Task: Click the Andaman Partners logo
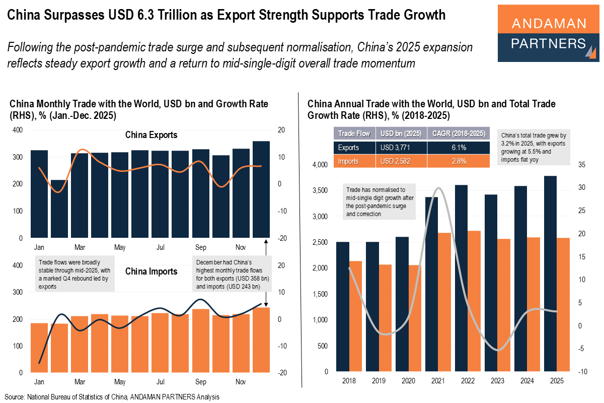549,33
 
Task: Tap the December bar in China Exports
261,189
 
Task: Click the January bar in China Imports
39,348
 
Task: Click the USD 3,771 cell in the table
401,148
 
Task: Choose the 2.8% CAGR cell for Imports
459,161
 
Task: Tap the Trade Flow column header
354,133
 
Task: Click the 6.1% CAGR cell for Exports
459,148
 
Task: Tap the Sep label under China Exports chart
200,248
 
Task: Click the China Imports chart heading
151,272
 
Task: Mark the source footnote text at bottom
112,397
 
